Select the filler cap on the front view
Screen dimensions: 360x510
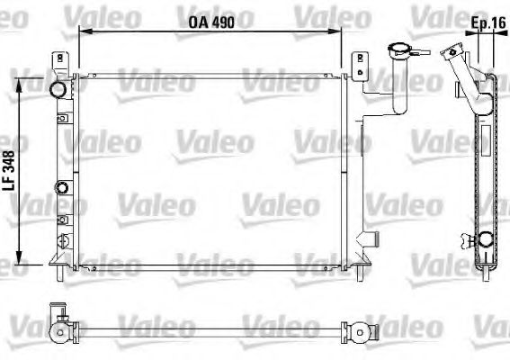click(397, 49)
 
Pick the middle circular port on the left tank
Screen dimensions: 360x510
click(62, 188)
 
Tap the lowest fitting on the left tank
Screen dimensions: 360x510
click(62, 239)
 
